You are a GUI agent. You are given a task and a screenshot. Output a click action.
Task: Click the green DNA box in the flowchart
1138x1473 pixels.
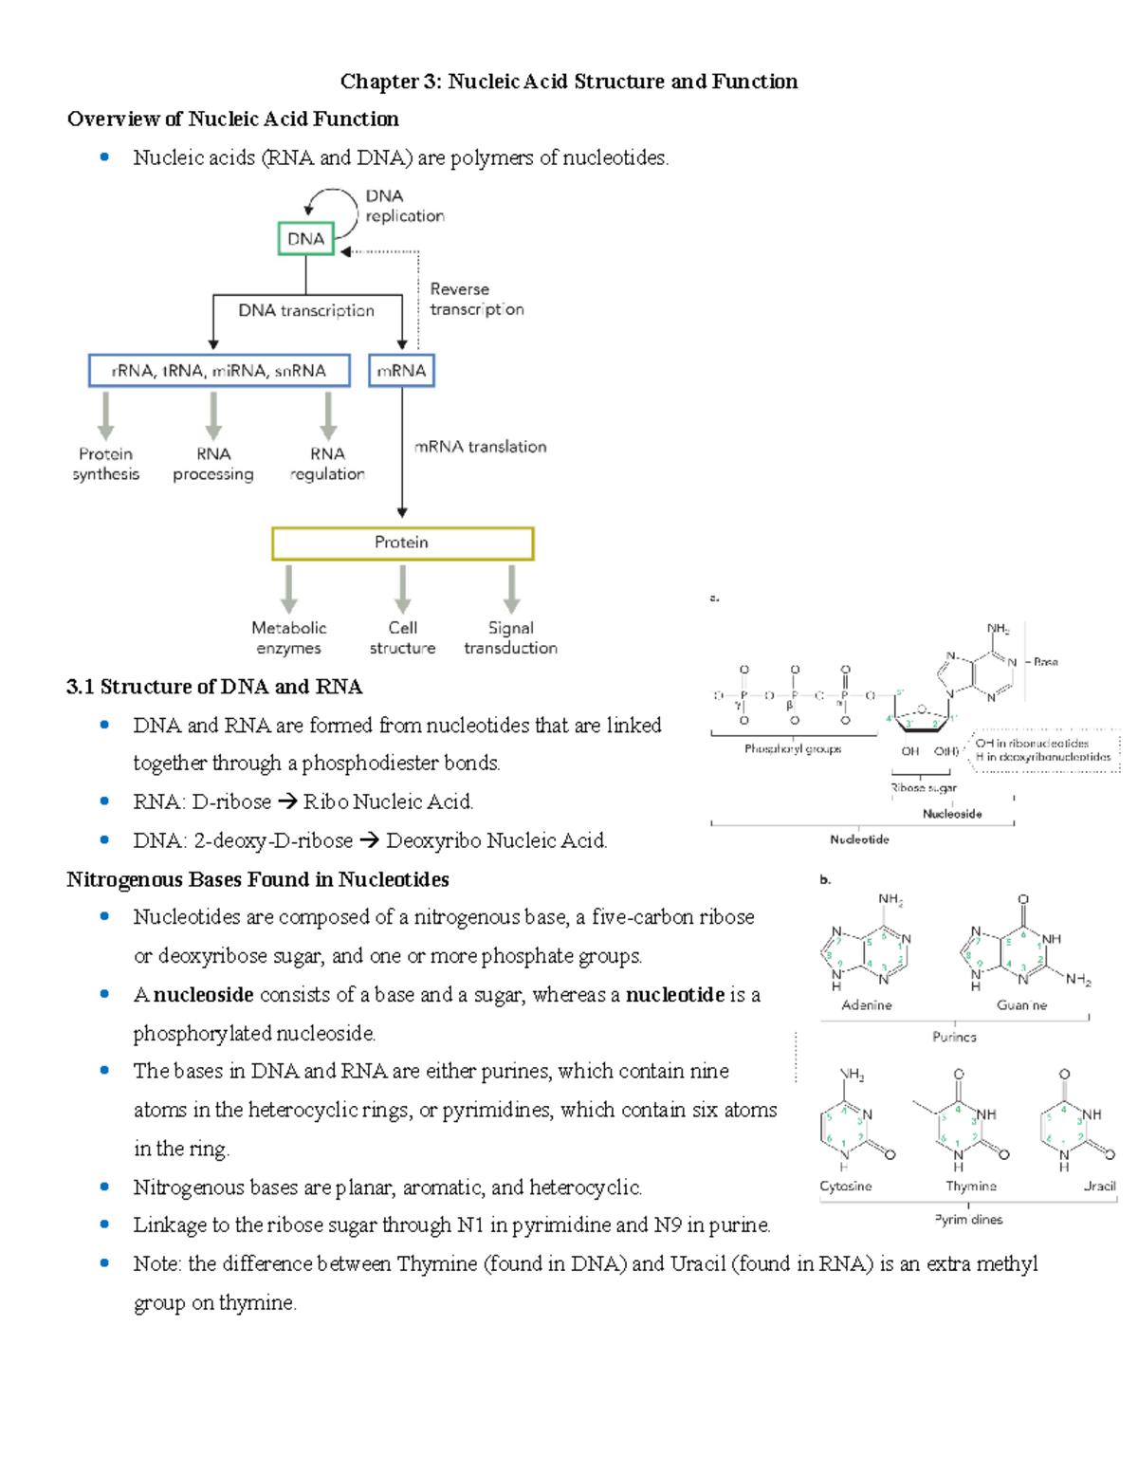pos(305,239)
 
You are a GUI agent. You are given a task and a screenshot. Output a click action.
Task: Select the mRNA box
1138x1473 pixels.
pos(401,371)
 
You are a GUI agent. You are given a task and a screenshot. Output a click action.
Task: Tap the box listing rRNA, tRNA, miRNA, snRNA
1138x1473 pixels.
pos(219,371)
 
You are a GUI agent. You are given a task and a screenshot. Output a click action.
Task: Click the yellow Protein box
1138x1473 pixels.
pos(402,543)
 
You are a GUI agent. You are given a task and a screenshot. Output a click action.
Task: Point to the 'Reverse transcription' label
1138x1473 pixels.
pos(476,299)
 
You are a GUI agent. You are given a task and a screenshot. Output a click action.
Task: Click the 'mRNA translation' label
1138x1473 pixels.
pos(480,447)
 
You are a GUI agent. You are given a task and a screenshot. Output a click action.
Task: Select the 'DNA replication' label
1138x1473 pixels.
pos(404,206)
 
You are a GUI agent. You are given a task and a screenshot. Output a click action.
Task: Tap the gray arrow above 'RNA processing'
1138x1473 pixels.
pos(213,415)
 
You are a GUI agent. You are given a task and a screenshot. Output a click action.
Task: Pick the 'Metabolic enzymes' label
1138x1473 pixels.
pos(288,638)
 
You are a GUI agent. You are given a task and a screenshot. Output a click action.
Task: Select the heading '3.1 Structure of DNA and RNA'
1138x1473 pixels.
pos(214,687)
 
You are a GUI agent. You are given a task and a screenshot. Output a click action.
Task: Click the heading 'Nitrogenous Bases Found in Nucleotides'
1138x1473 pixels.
pos(258,879)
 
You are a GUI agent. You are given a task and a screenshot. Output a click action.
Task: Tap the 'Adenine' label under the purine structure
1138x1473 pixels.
pos(866,1004)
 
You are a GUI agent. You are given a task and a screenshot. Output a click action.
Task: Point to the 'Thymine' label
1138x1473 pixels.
pos(970,1186)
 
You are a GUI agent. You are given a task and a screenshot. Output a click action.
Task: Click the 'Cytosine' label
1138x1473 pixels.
pos(845,1186)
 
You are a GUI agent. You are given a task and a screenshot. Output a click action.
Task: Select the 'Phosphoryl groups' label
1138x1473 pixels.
pos(792,749)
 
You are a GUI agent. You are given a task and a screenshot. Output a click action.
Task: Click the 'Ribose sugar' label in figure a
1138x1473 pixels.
pos(923,787)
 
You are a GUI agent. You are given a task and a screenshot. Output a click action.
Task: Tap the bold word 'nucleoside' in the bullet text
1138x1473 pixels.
pos(203,995)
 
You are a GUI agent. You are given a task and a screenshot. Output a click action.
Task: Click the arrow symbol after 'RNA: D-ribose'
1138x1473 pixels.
pos(287,802)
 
